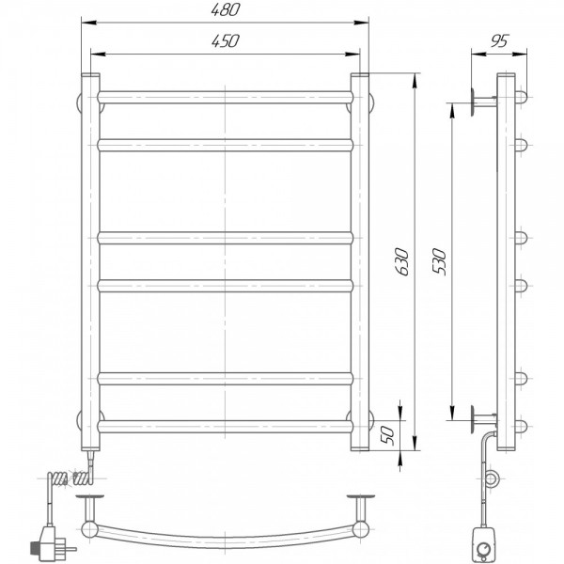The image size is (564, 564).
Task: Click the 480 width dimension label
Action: pos(225,9)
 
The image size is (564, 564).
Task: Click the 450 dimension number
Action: pos(225,41)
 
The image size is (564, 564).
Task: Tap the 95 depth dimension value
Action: pos(500,41)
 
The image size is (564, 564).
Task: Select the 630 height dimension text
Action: pos(401,261)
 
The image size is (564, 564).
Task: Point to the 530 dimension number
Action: pos(439,261)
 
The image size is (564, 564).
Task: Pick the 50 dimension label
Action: pos(387,435)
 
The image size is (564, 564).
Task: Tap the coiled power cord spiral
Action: pos(70,478)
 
